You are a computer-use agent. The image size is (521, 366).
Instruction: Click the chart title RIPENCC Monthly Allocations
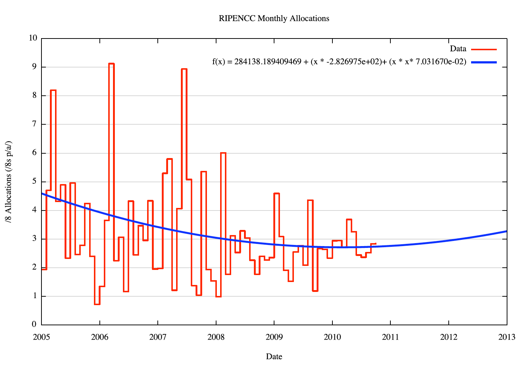(x=274, y=18)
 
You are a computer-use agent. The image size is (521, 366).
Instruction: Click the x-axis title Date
(x=274, y=356)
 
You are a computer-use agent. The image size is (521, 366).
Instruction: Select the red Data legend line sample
(x=484, y=49)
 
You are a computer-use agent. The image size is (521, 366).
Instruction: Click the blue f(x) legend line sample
(x=484, y=62)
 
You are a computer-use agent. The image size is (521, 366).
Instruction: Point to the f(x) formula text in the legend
(x=339, y=62)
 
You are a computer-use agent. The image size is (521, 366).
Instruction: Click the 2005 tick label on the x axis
(x=41, y=337)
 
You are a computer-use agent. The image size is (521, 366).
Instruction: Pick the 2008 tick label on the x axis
(x=216, y=337)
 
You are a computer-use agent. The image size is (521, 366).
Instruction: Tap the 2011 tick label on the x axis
(x=390, y=337)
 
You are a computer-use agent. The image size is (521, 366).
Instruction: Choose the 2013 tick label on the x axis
(x=507, y=337)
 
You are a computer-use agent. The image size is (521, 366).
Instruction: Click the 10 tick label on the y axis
(x=33, y=38)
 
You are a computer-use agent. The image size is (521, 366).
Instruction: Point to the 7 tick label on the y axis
(x=34, y=124)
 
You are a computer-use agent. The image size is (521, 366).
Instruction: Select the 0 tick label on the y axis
(x=34, y=325)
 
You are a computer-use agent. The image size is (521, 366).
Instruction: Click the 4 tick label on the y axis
(x=34, y=210)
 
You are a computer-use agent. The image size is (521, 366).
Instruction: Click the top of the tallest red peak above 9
(x=112, y=64)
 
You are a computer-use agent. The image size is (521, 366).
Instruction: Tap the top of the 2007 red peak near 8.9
(x=184, y=69)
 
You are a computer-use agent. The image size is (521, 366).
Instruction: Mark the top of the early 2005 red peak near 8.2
(x=53, y=90)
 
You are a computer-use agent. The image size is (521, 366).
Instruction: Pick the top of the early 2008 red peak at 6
(x=223, y=153)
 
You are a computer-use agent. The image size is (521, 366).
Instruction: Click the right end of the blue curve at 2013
(x=506, y=231)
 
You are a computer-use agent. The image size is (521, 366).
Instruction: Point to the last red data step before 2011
(x=374, y=244)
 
